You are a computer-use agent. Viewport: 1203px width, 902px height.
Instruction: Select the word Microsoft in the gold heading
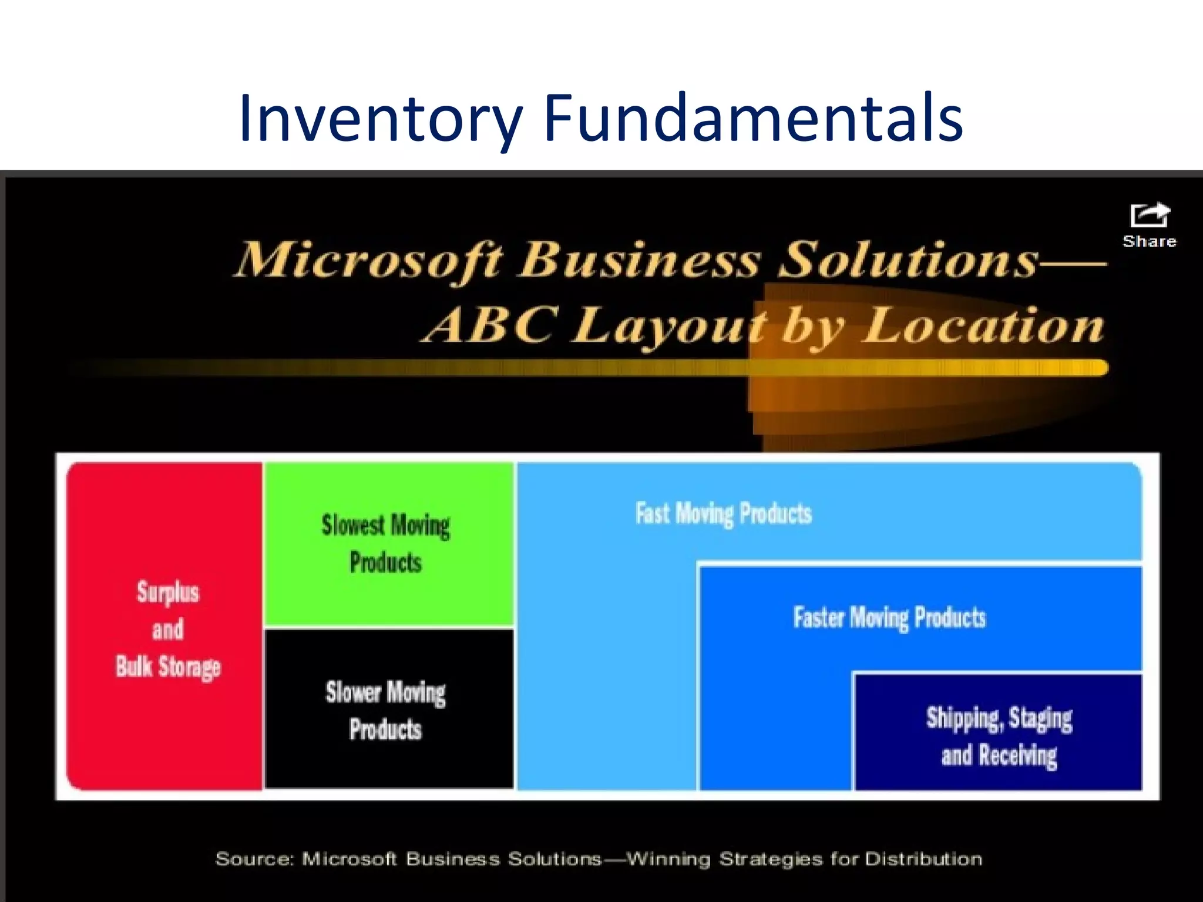[369, 260]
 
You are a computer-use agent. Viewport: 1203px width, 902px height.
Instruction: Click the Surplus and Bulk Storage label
[168, 629]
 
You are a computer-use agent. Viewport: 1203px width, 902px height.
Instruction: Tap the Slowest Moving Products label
[386, 543]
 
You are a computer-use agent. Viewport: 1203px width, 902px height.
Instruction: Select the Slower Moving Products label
[386, 711]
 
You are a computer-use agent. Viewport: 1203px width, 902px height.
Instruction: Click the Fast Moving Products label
[724, 514]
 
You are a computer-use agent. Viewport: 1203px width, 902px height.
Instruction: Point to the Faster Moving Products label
[889, 618]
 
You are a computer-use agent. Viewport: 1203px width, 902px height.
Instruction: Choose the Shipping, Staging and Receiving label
[999, 736]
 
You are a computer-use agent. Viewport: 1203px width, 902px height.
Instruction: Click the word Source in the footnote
[254, 859]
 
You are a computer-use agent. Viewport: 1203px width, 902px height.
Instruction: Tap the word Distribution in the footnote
[923, 859]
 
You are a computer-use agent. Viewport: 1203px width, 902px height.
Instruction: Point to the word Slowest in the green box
[352, 524]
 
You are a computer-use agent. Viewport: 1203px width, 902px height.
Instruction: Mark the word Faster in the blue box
[819, 618]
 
